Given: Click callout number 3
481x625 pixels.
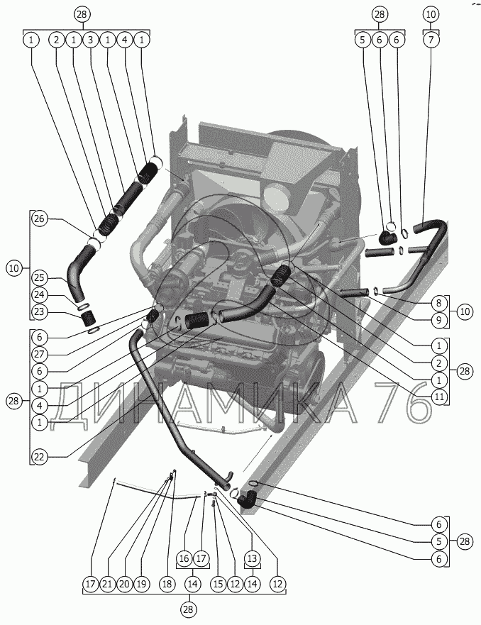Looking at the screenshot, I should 90,40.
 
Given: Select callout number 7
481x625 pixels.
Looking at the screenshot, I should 431,40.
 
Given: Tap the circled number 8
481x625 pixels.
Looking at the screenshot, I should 438,303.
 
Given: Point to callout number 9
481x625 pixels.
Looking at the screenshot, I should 438,320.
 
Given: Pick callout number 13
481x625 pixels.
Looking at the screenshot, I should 252,558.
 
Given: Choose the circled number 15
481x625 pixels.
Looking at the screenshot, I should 217,584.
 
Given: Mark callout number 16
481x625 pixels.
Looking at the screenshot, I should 184,558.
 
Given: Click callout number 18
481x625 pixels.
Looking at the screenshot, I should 167,584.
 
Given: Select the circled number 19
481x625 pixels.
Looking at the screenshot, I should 141,584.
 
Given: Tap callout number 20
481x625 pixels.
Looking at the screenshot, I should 124,584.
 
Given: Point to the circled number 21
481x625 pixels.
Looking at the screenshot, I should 107,584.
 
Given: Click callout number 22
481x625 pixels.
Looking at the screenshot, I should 40,456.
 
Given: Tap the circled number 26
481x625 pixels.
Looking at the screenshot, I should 40,219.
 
